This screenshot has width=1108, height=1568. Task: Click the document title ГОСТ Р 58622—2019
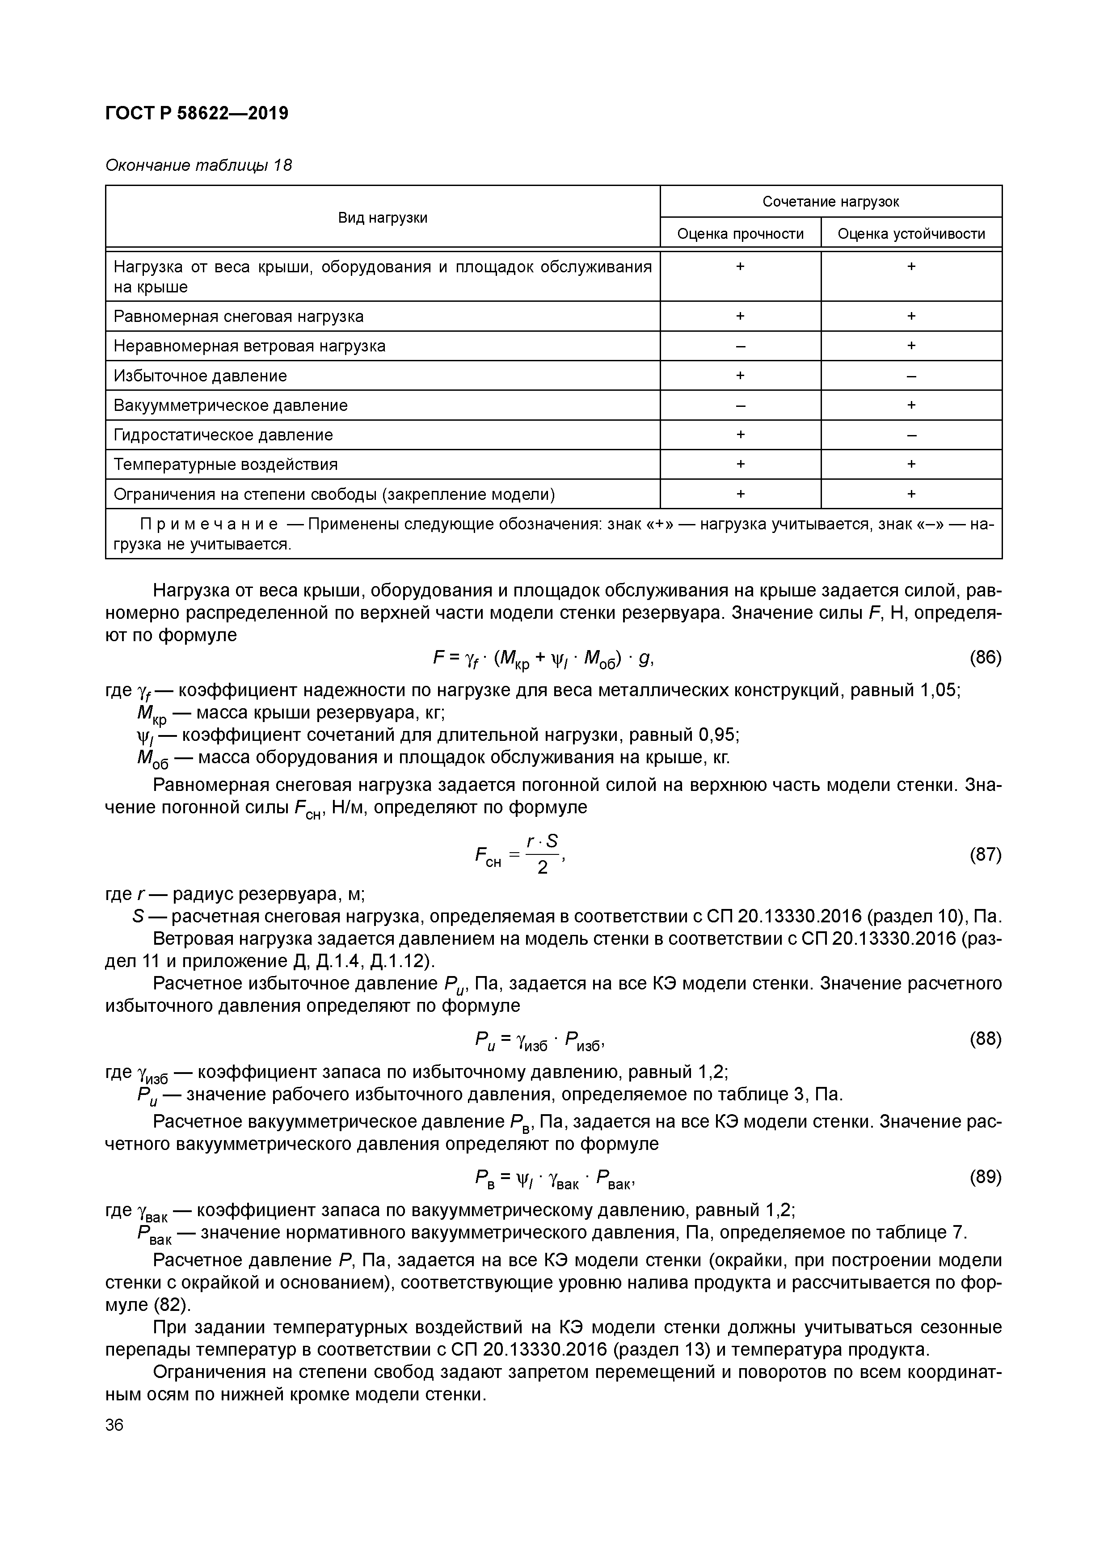(197, 113)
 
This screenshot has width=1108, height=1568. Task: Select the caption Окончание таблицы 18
(198, 165)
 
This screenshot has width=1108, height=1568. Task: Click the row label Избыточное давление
(200, 376)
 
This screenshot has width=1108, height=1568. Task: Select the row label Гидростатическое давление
(223, 435)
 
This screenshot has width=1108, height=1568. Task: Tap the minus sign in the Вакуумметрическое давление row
(740, 406)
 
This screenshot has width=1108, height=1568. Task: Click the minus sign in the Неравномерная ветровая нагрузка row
(740, 346)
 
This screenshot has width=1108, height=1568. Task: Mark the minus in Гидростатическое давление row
(911, 435)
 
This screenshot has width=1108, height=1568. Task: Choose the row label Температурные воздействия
(225, 465)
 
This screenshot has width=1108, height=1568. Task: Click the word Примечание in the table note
(209, 524)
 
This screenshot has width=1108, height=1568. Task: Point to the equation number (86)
(985, 658)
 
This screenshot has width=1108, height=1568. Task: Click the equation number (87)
(985, 854)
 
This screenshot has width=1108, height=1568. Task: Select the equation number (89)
(985, 1177)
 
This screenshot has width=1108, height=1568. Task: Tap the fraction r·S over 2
(542, 854)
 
